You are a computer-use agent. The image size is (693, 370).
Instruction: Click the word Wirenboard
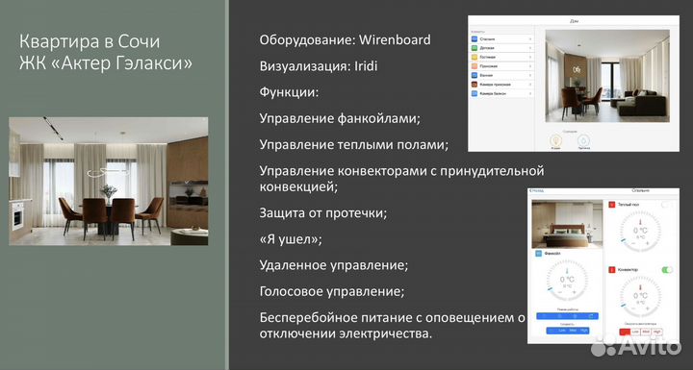[x=395, y=40]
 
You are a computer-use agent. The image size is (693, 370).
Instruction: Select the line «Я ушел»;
[x=291, y=238]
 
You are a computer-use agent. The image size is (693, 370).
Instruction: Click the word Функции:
[x=288, y=93]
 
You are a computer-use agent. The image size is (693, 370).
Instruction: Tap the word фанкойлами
[x=372, y=119]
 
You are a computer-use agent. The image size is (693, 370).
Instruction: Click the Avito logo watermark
[x=634, y=345]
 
